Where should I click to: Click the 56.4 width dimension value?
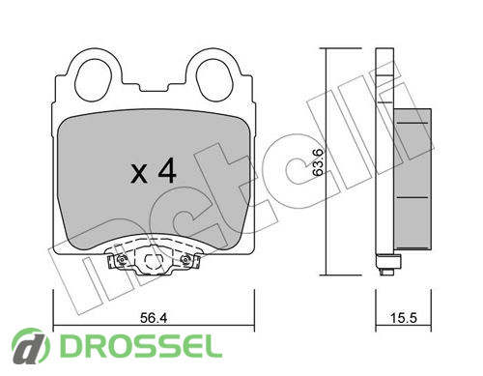point(154,318)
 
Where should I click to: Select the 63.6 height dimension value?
point(318,162)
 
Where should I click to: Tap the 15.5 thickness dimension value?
point(404,318)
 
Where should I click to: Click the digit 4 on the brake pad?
point(167,170)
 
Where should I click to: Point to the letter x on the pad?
point(139,174)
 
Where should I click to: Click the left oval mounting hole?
point(93,79)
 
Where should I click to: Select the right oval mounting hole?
point(214,79)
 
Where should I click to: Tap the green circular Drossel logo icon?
point(30,347)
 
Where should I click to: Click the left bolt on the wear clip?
point(122,260)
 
